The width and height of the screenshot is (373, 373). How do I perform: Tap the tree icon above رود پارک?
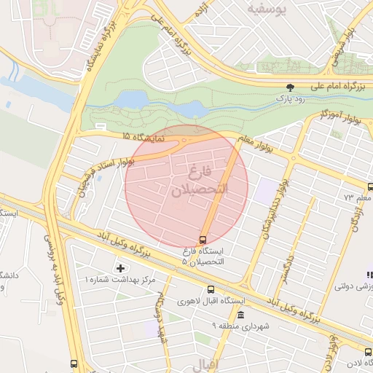tap(291, 87)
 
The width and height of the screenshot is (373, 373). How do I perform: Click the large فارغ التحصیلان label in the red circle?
tap(189, 182)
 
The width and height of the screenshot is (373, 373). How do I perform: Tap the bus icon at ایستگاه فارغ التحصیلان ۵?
tap(203, 240)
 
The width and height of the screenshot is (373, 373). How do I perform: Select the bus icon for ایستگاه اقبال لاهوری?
tap(211, 289)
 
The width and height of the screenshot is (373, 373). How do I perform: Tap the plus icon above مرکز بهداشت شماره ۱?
tap(120, 269)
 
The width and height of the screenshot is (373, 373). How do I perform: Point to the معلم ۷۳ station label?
tap(358, 197)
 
